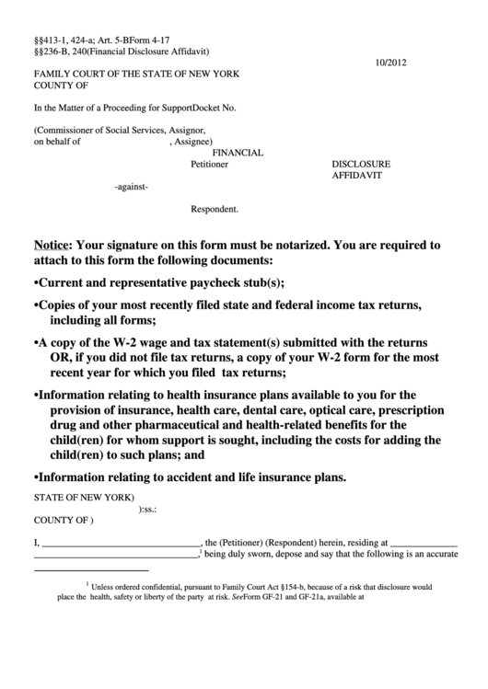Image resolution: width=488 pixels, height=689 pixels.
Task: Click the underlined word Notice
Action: point(52,246)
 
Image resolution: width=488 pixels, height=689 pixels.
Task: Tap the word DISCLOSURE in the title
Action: point(361,165)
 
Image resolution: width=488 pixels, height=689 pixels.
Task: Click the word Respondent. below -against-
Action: point(215,209)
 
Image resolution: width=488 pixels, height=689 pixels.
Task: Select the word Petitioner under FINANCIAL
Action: point(209,165)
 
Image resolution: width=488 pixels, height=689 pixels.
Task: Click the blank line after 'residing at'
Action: point(424,543)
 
